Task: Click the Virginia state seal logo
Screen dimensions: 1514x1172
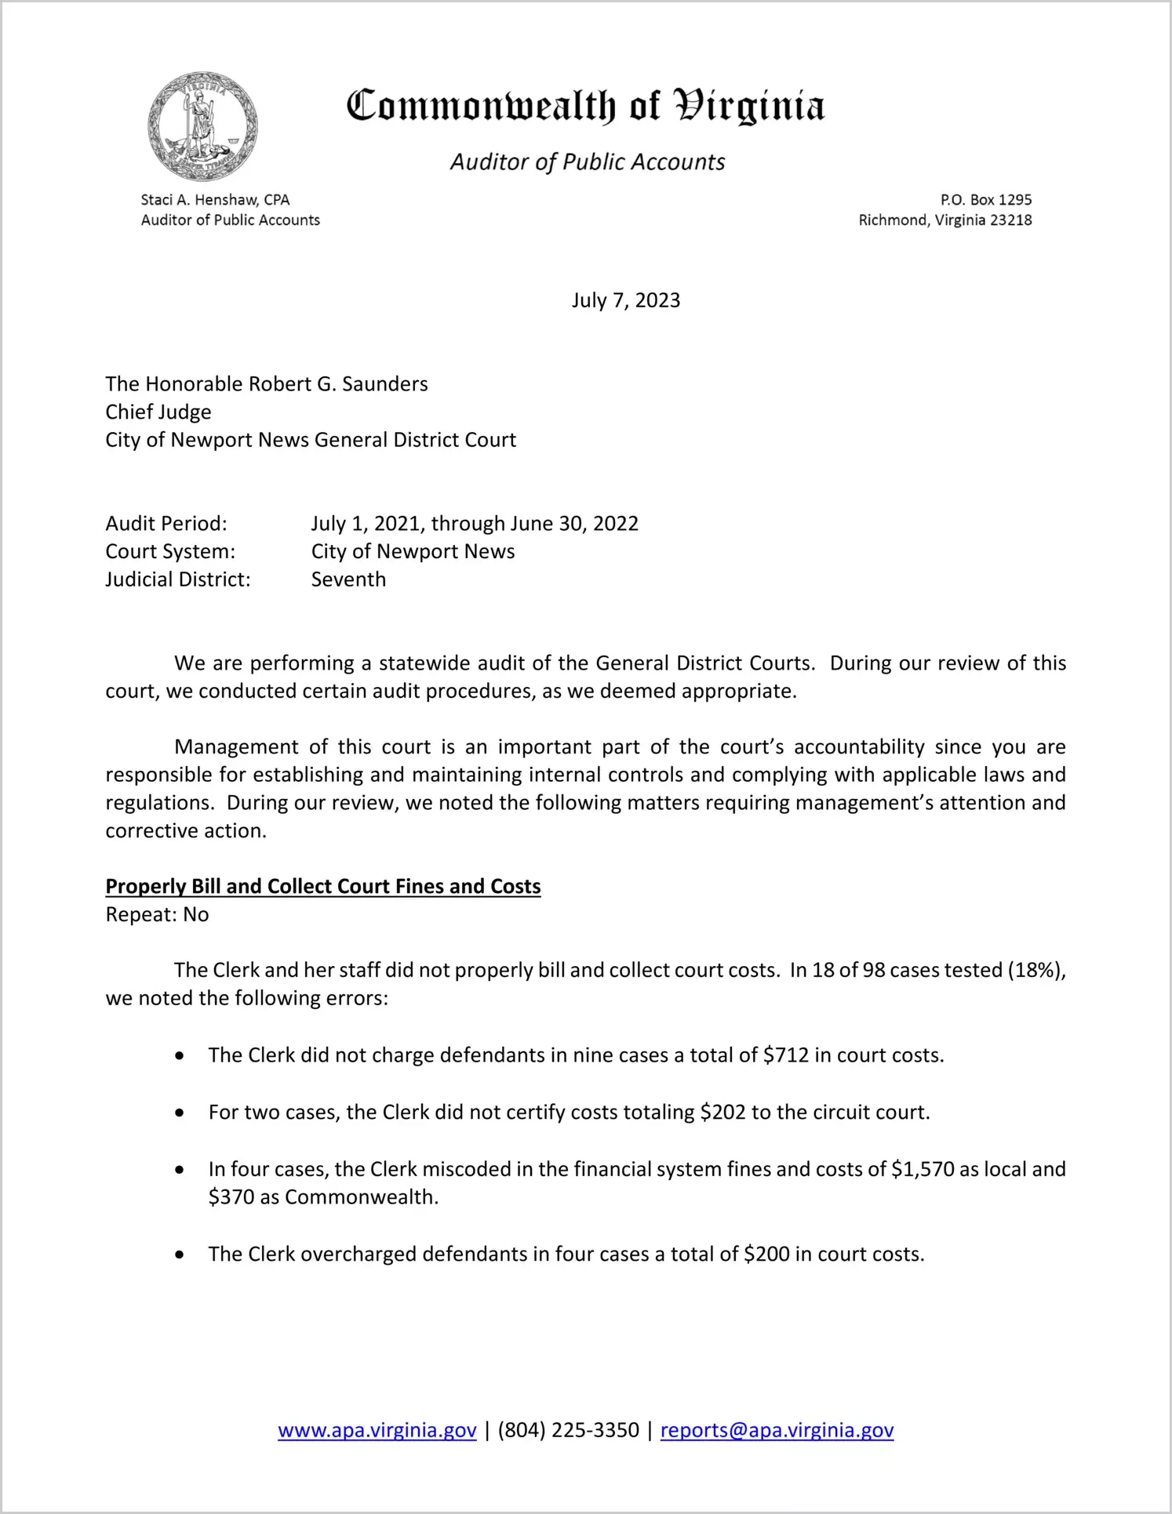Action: coord(202,126)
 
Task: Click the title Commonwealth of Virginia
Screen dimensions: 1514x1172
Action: coord(585,106)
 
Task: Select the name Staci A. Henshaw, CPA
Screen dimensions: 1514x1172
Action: coord(215,200)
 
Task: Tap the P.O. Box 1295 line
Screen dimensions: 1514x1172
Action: coord(985,200)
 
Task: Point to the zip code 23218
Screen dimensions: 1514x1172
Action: coord(1010,220)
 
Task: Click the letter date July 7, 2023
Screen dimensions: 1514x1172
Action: coord(625,300)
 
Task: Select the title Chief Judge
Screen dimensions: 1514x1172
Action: coord(158,412)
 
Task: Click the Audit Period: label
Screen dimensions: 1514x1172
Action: coord(166,523)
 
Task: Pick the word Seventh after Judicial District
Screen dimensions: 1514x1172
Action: coord(348,579)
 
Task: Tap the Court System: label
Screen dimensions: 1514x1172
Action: coord(170,551)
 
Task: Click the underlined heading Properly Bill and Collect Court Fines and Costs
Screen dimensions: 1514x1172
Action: coord(323,886)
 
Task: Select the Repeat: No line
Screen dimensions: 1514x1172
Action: coord(157,914)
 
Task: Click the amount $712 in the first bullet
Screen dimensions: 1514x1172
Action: coord(785,1055)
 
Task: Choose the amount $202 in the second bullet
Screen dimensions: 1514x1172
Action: coord(722,1112)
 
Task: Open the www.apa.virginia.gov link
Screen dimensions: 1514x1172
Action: coord(377,1430)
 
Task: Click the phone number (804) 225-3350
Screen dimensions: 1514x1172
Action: coord(568,1430)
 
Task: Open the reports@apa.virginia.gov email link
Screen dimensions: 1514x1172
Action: coord(777,1430)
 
